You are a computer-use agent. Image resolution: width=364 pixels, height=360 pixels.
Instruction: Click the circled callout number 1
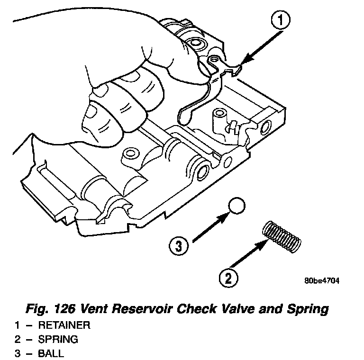click(281, 21)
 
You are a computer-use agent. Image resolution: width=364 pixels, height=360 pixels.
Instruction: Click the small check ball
click(237, 207)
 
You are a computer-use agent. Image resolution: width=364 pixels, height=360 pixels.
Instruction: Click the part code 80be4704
click(322, 280)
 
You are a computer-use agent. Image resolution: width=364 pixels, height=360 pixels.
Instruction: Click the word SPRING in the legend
click(58, 339)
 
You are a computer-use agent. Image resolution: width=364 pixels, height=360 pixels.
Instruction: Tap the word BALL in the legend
click(51, 353)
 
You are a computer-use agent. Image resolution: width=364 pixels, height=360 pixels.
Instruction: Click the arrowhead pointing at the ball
click(226, 216)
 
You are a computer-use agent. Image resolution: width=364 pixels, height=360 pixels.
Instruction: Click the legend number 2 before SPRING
click(17, 339)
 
